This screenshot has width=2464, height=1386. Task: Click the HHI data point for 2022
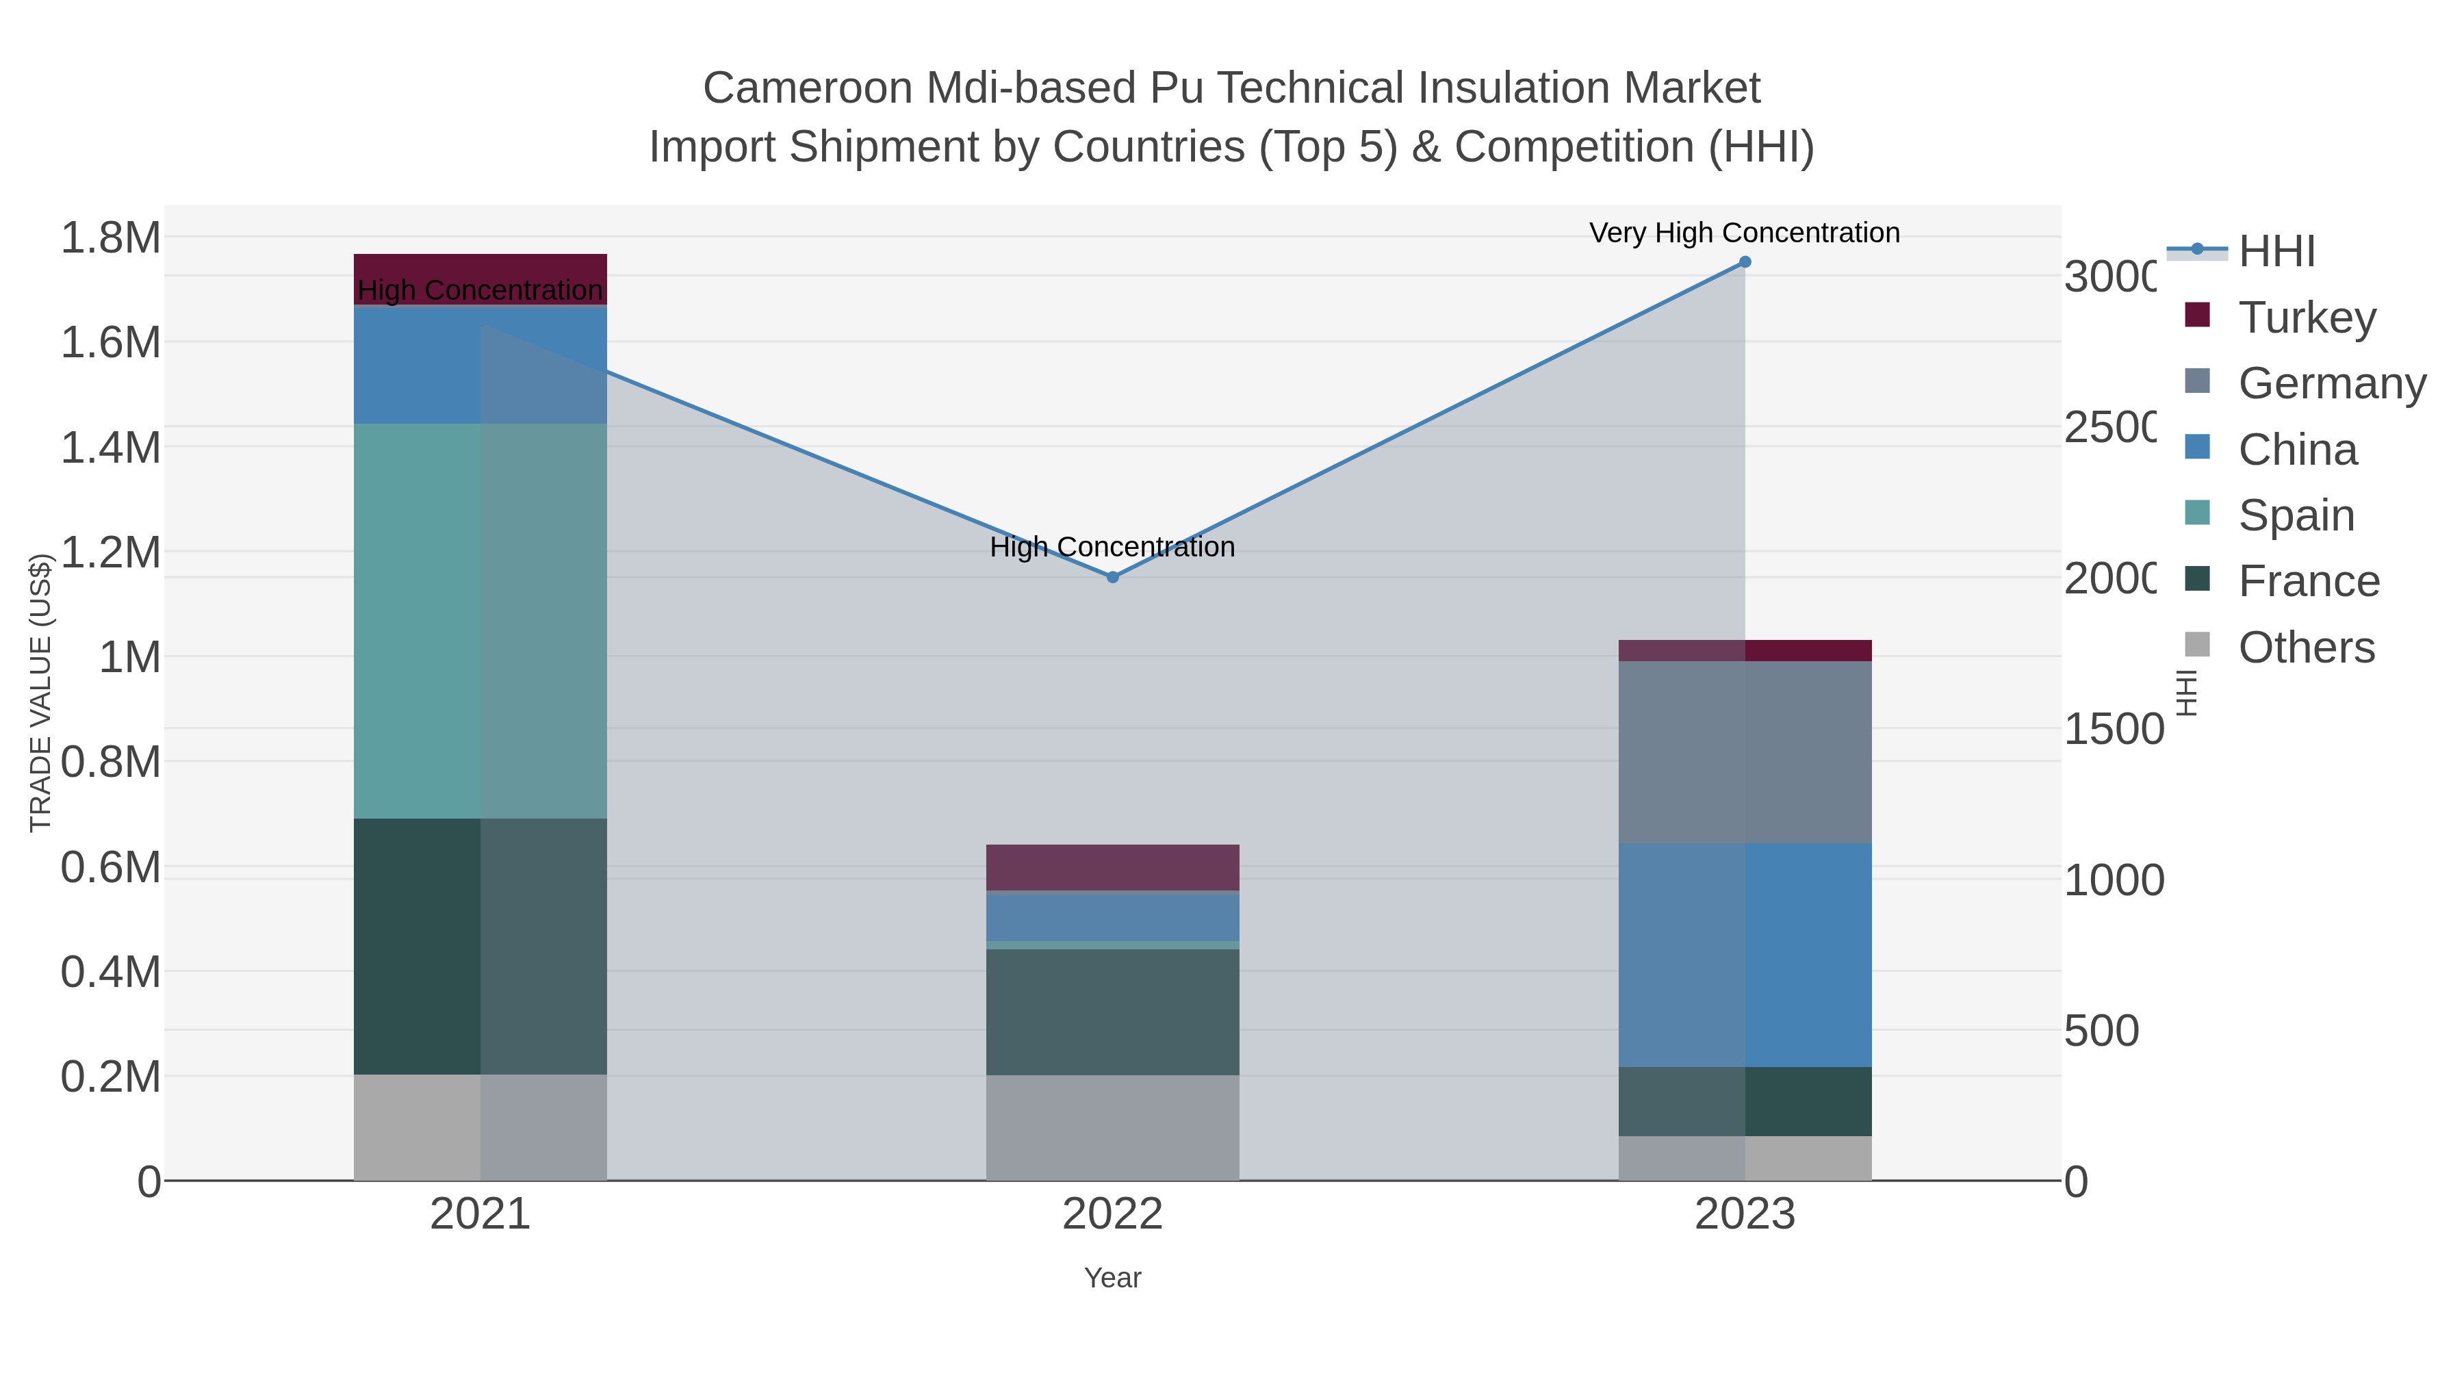point(1112,577)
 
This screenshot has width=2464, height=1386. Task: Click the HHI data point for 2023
point(1745,262)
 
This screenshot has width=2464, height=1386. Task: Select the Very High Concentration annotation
point(1744,233)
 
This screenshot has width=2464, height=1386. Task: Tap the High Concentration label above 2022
point(1112,547)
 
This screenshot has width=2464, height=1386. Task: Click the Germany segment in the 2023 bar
point(1745,752)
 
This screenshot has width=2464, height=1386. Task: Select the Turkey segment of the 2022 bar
point(1112,868)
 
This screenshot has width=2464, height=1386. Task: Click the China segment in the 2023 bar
point(1745,955)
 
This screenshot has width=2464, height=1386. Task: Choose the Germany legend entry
point(2331,383)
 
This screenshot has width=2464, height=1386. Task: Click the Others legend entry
point(2305,647)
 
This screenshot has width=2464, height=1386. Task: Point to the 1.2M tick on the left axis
point(110,552)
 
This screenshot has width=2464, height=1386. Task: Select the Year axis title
point(1112,1278)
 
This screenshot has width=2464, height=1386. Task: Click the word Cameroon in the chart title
point(808,88)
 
